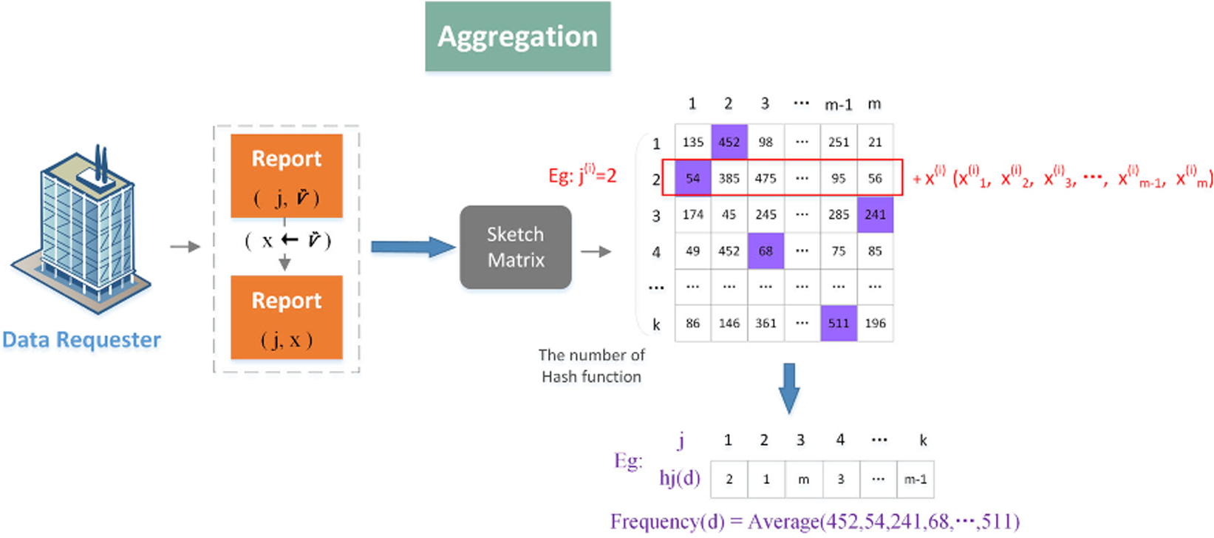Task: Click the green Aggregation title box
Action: [x=517, y=37]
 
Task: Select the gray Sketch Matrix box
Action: [x=515, y=247]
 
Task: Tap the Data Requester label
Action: [x=81, y=340]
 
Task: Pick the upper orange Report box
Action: [x=287, y=176]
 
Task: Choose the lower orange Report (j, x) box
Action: [x=287, y=318]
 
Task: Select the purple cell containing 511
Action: [x=839, y=323]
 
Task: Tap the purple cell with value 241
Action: [x=875, y=214]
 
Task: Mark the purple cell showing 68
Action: [x=765, y=251]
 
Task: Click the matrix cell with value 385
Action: [x=729, y=178]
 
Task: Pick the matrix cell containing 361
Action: [x=765, y=323]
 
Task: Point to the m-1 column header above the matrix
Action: [x=838, y=105]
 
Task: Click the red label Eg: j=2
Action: [x=582, y=176]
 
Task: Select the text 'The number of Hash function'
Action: [x=591, y=366]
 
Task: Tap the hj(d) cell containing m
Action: [x=803, y=480]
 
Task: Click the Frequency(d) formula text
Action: [x=814, y=522]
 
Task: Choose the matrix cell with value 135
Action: [x=692, y=142]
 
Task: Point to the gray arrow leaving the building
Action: [x=185, y=247]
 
